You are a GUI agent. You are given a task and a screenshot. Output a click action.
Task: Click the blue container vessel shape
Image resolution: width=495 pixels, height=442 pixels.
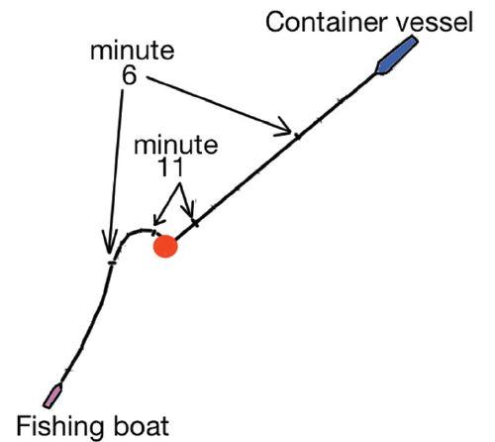tap(397, 55)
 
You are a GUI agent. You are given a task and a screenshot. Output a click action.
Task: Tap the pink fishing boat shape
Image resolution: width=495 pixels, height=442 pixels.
tap(52, 395)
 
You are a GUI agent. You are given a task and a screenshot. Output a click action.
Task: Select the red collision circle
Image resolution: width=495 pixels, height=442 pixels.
tap(165, 246)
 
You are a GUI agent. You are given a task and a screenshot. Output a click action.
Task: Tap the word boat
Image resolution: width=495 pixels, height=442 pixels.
tap(142, 425)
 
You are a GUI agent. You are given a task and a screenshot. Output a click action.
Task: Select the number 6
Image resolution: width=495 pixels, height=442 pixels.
tap(129, 75)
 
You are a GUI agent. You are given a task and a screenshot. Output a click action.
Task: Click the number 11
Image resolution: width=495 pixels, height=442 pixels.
tap(170, 166)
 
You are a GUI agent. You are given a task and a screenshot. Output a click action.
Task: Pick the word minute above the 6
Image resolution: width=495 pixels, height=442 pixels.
tap(133, 52)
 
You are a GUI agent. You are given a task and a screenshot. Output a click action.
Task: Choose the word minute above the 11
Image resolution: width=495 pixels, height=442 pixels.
tap(176, 145)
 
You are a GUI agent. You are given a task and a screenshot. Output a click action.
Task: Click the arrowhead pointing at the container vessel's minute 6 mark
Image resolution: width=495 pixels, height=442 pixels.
tap(284, 128)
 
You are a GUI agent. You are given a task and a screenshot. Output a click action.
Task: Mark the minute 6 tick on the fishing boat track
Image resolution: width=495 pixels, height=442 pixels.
tap(112, 263)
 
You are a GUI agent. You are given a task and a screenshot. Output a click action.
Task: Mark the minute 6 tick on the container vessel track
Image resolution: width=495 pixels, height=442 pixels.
tap(298, 136)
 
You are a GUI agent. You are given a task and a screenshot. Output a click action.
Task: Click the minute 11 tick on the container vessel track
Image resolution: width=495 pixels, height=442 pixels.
tap(196, 224)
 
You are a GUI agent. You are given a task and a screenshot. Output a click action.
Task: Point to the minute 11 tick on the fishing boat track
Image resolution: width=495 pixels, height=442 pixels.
tap(153, 233)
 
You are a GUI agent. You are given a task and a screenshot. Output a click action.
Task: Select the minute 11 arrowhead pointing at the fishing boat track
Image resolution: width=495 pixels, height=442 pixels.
tap(159, 220)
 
